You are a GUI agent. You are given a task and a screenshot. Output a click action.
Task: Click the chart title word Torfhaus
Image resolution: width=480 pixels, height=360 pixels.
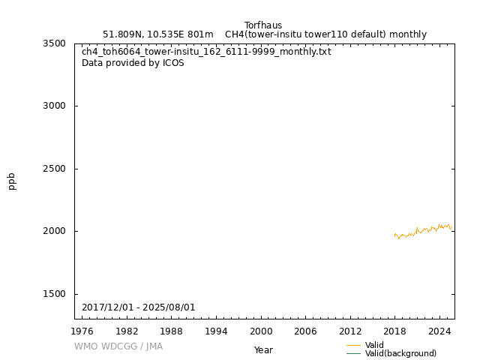click(x=263, y=25)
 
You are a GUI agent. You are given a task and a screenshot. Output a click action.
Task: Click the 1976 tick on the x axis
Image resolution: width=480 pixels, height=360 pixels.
click(x=82, y=331)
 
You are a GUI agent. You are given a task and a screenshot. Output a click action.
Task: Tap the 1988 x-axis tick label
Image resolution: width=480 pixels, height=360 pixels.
click(x=172, y=331)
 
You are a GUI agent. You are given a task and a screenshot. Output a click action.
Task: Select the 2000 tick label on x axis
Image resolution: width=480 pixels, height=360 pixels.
click(x=261, y=331)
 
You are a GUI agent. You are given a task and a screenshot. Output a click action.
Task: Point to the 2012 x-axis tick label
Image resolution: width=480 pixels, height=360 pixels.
click(x=350, y=331)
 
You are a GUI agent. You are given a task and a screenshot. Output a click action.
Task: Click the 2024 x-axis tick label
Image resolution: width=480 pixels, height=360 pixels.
click(x=439, y=331)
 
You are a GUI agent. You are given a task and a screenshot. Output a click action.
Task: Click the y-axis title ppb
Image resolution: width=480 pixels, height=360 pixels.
click(x=12, y=181)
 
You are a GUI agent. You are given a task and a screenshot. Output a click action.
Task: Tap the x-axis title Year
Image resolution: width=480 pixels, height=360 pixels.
click(x=263, y=350)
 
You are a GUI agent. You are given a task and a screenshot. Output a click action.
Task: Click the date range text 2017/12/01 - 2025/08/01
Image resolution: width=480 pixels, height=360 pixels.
click(x=139, y=307)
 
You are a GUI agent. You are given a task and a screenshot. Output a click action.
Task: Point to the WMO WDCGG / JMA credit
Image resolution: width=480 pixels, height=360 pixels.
click(x=118, y=346)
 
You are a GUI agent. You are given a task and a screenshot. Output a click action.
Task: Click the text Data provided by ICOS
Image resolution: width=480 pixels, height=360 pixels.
click(x=133, y=63)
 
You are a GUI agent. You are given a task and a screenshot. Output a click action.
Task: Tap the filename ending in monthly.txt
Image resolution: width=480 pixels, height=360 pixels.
click(x=206, y=52)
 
